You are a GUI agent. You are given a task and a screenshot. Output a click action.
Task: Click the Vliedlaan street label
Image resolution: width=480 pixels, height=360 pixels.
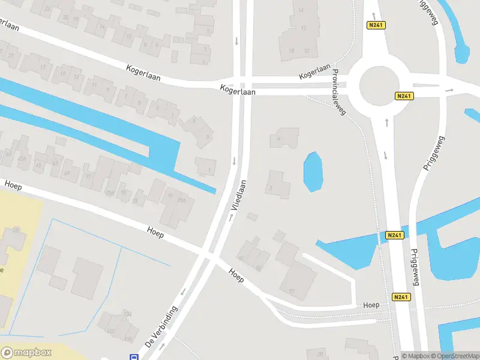239,197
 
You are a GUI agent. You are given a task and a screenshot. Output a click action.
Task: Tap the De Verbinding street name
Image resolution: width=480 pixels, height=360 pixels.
161,328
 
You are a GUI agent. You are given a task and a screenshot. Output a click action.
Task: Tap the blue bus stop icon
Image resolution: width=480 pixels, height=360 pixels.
134,357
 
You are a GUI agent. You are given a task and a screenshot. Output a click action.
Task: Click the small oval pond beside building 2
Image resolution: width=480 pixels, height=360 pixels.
313,172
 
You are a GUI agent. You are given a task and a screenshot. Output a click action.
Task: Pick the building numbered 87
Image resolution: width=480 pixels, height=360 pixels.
292,291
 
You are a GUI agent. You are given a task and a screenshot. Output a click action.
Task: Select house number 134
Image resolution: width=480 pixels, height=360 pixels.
127,313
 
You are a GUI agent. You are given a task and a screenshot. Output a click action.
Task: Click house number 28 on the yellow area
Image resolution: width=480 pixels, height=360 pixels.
16,230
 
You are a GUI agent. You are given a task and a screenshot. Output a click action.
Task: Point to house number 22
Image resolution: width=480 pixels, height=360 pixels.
65,17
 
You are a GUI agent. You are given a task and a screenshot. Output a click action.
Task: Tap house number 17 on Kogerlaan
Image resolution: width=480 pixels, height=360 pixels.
42,67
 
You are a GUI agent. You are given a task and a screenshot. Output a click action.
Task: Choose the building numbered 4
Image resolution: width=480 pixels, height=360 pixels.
279,139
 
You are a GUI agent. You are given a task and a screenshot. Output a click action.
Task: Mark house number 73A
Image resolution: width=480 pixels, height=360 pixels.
109,193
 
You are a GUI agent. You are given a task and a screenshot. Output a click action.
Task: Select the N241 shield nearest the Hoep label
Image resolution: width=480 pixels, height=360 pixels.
401,296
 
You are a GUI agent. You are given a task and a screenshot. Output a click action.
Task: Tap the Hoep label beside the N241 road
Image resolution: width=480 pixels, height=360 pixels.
371,305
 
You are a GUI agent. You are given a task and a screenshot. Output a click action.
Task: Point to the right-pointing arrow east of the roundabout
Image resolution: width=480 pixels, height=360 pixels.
451,90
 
